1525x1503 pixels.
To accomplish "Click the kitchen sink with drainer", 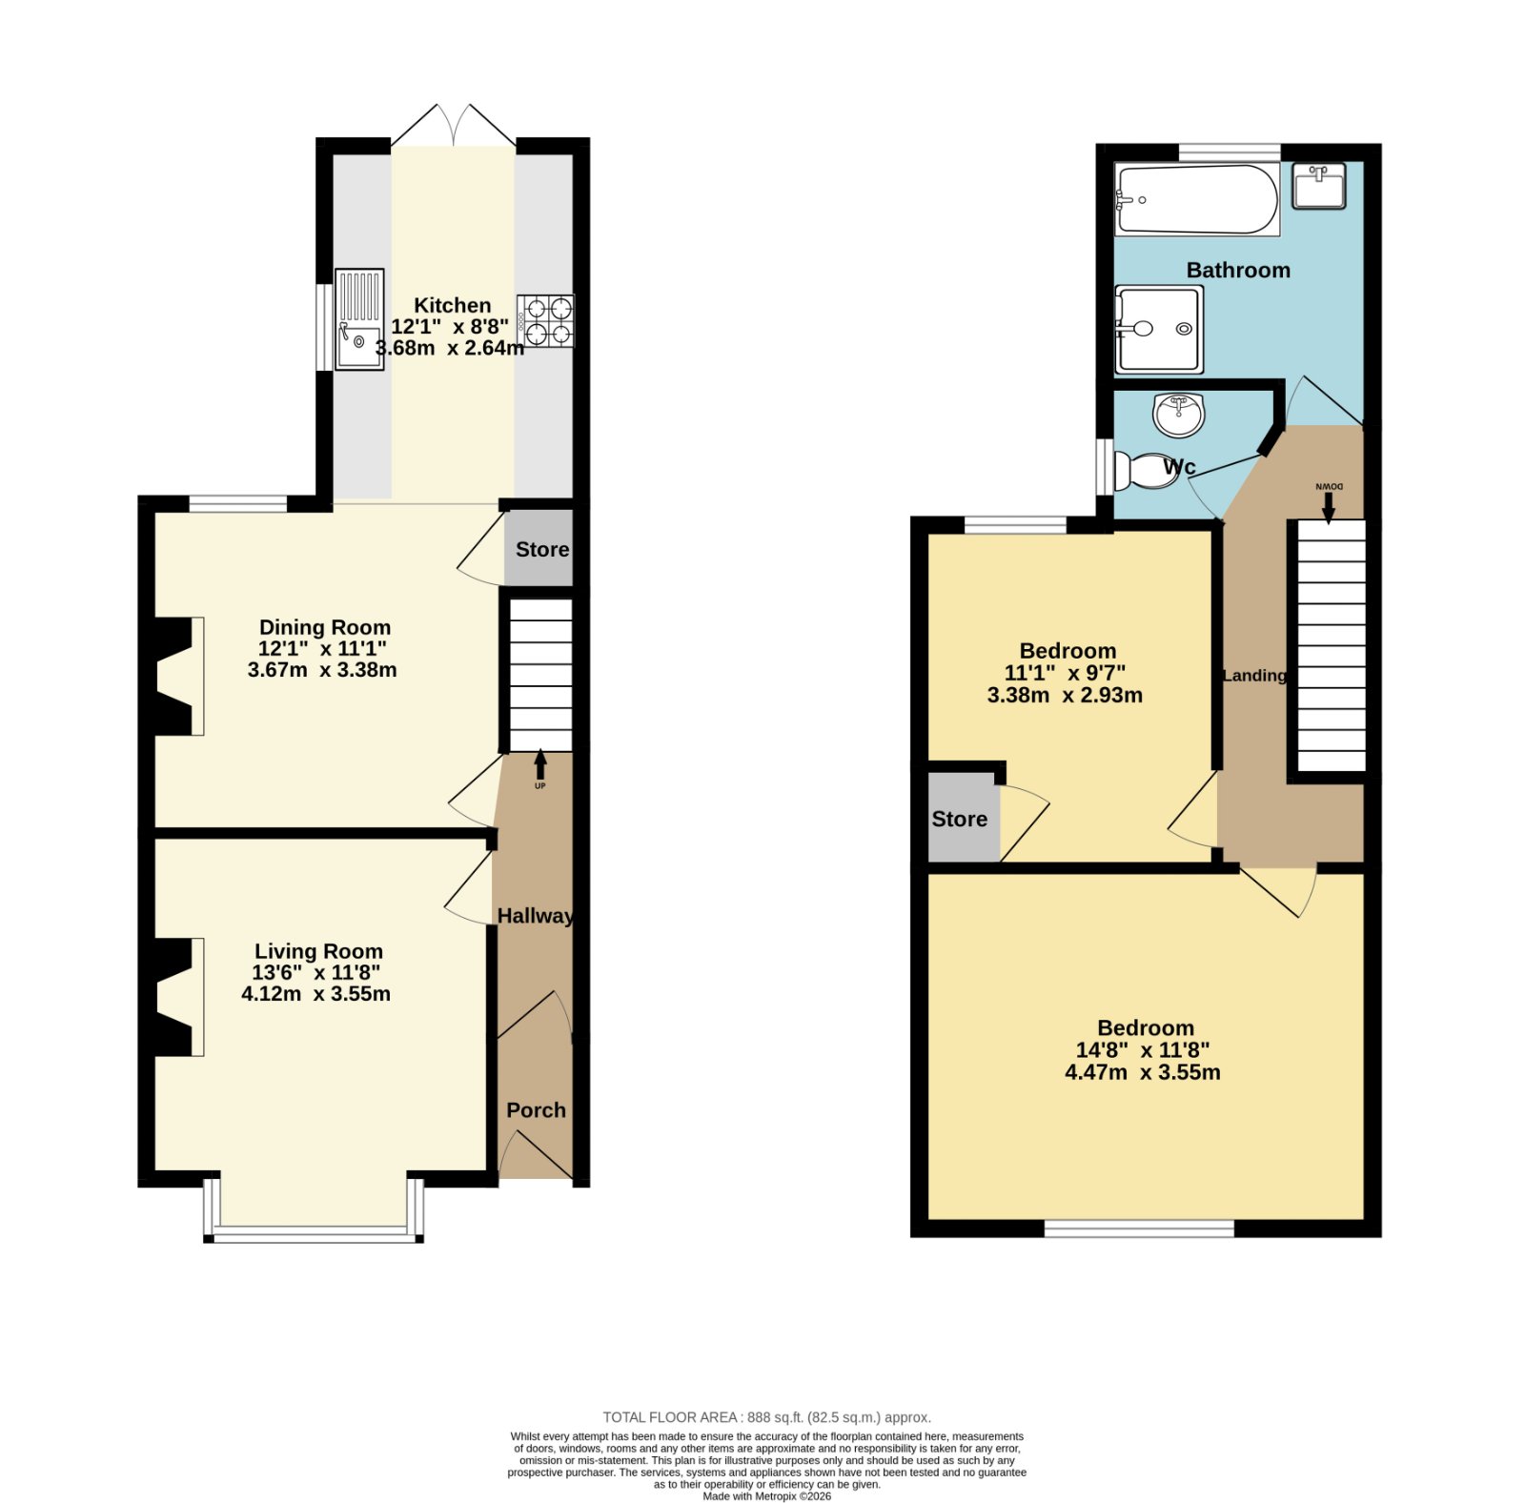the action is pos(359,319).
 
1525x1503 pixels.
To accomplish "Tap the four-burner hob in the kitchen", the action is pos(546,321).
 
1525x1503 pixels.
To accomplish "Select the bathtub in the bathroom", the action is pos(1197,200).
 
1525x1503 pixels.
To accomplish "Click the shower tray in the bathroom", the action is pos(1159,329).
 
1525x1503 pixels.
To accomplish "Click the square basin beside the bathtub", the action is pos(1319,186).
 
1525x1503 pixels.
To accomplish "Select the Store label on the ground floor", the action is pos(542,549).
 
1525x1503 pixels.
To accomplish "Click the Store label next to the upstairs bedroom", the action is pos(959,819).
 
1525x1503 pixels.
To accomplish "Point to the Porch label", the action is pos(536,1110).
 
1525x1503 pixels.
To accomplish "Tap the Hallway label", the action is pos(536,916).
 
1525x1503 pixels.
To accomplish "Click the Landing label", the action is pos(1254,676).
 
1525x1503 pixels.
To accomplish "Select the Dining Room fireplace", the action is pos(179,677).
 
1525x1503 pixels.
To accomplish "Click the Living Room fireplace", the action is pos(179,997).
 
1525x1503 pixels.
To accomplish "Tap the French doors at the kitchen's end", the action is pos(454,126).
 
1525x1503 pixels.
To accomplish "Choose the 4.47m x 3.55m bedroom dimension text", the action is pos(1143,1072).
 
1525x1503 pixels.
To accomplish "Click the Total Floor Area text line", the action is pos(766,1417).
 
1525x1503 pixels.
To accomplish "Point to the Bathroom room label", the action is pos(1238,270).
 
